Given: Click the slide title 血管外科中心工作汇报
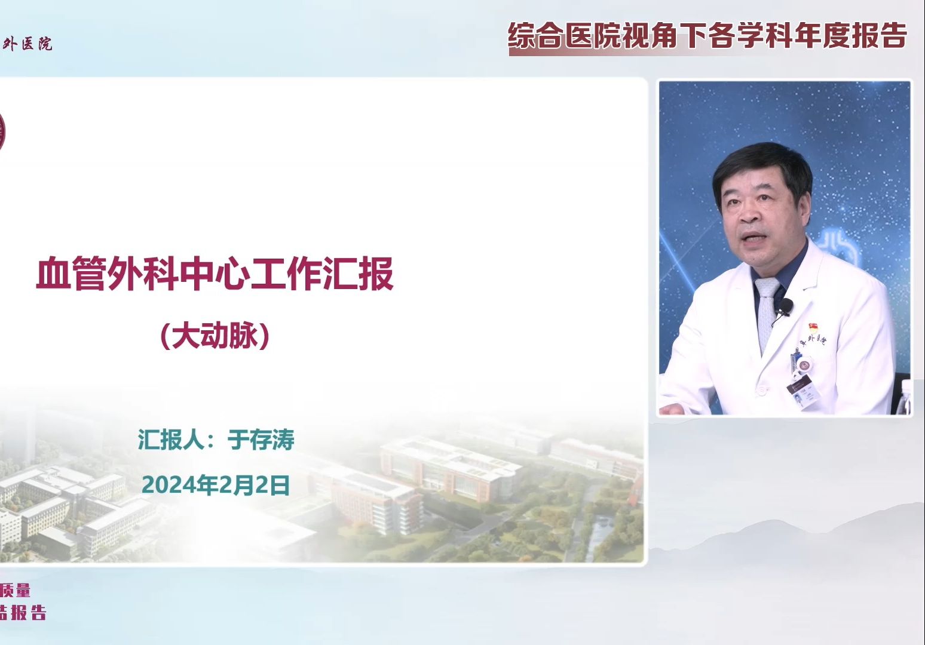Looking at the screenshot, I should pos(215,274).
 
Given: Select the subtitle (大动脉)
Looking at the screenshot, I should pos(215,336).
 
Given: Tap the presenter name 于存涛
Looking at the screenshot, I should pos(261,440).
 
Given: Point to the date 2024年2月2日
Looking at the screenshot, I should pos(216,485).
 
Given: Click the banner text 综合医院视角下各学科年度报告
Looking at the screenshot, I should pos(707,36).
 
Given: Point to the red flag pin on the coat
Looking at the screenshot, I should pos(813,327).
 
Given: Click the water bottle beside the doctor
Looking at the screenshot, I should pos(903,397).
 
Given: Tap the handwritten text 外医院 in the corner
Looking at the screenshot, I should pos(28,44).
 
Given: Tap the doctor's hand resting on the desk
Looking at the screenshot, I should pos(675,408).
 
